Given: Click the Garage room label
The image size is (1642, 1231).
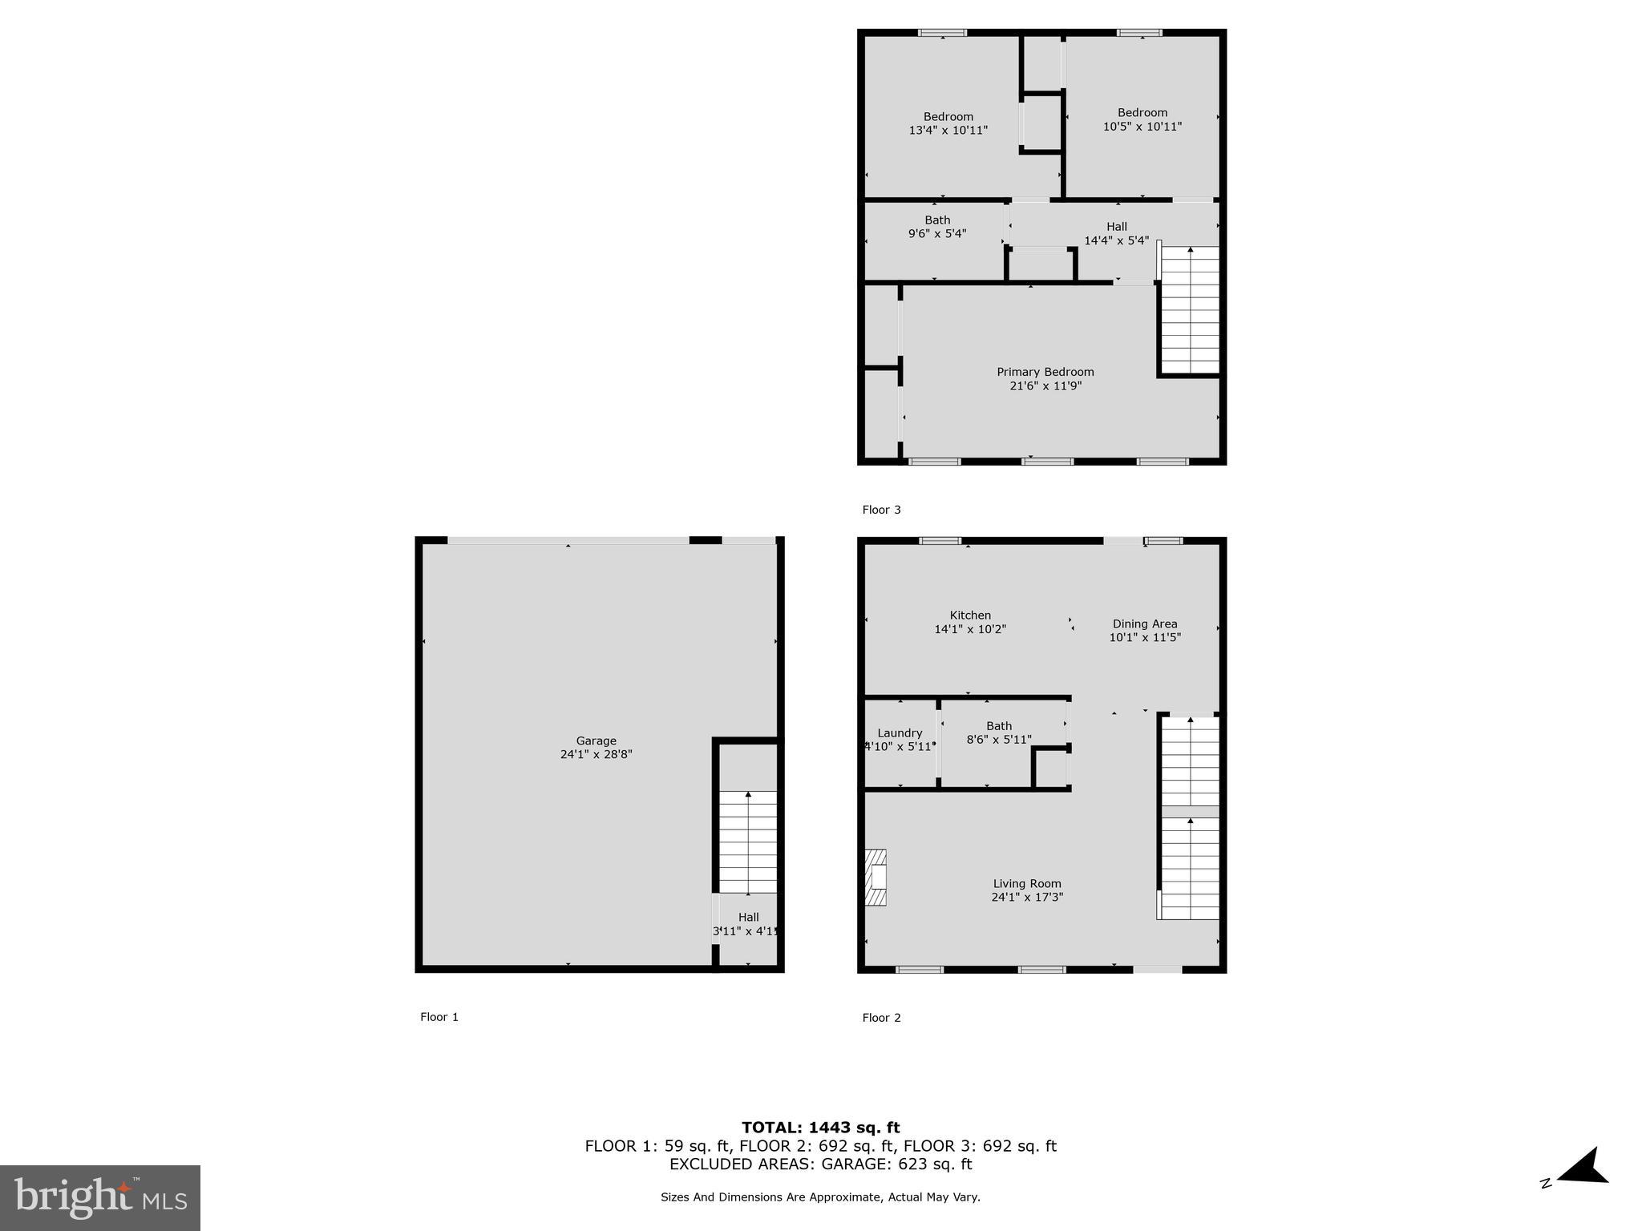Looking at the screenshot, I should (596, 741).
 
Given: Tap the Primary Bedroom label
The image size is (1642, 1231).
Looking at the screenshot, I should (1045, 372).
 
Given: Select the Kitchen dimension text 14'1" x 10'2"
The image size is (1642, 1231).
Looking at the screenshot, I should (969, 630).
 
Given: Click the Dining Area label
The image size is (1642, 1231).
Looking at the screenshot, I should (1144, 624).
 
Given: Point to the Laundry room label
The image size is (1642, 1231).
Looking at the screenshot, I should (900, 733).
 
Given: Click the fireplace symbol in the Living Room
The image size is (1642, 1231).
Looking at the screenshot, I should (876, 877).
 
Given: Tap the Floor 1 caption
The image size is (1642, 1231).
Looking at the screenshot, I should (439, 1017).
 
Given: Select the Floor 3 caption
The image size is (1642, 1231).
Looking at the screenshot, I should (881, 510).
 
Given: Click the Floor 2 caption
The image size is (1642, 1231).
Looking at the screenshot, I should (881, 1018).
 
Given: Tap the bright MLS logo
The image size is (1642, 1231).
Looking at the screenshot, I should (100, 1197).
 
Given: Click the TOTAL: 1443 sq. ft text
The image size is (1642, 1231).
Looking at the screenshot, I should (820, 1128).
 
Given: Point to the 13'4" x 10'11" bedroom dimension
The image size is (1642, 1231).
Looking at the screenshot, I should (948, 131).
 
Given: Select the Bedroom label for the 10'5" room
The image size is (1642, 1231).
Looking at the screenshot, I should (1142, 112).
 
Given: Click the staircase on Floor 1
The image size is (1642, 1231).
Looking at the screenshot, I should (747, 842).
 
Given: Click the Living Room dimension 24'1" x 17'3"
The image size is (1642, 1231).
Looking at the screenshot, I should (1026, 898).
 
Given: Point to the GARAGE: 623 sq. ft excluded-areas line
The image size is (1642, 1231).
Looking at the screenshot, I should (820, 1164).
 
